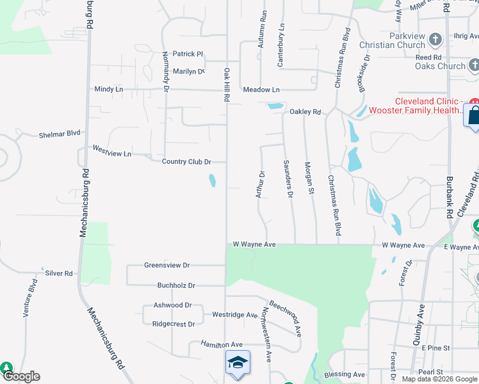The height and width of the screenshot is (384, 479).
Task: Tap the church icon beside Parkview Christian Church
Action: (435, 40)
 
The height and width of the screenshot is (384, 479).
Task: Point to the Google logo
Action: (20, 377)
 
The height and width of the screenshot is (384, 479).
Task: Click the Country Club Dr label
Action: (186, 162)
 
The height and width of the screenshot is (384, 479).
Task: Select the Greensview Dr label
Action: (167, 265)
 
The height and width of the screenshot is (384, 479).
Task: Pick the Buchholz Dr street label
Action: (174, 285)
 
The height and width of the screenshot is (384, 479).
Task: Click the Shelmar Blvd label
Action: (60, 134)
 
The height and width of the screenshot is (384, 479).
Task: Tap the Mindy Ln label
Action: (108, 90)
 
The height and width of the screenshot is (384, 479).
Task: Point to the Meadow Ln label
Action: (261, 90)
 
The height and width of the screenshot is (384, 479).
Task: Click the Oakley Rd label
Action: (305, 112)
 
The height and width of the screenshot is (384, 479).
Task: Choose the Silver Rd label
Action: (59, 273)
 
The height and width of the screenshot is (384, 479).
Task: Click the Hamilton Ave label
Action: (222, 344)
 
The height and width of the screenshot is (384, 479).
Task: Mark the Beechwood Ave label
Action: (285, 318)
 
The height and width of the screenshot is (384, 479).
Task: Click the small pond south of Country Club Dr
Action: (212, 181)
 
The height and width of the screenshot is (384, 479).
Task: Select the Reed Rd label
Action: (428, 58)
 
